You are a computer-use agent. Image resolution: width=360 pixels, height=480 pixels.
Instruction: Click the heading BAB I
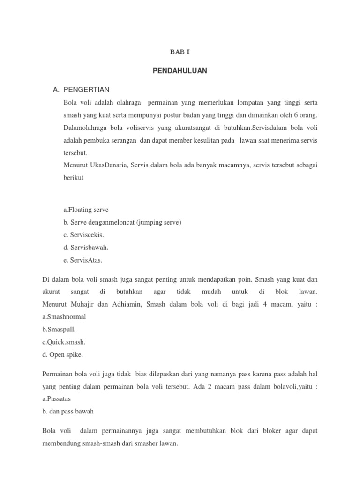point(180,52)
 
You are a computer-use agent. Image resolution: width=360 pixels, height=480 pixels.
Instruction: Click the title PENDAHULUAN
point(180,71)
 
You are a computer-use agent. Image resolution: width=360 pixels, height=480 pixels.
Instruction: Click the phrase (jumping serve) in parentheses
point(159,222)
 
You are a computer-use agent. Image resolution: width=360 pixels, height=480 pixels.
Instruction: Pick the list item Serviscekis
point(86,234)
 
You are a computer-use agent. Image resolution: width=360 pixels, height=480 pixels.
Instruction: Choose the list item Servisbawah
point(87,247)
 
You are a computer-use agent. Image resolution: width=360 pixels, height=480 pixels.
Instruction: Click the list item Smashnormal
point(64,316)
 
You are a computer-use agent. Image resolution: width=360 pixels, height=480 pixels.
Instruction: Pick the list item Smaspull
point(59,329)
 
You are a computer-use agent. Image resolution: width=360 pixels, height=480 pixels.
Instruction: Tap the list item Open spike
point(62,354)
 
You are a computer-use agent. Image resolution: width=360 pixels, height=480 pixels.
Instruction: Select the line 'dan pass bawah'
point(68,411)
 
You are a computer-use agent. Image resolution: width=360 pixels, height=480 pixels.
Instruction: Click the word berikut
point(73,178)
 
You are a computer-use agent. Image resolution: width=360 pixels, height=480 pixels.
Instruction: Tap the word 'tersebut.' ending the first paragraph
point(75,153)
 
